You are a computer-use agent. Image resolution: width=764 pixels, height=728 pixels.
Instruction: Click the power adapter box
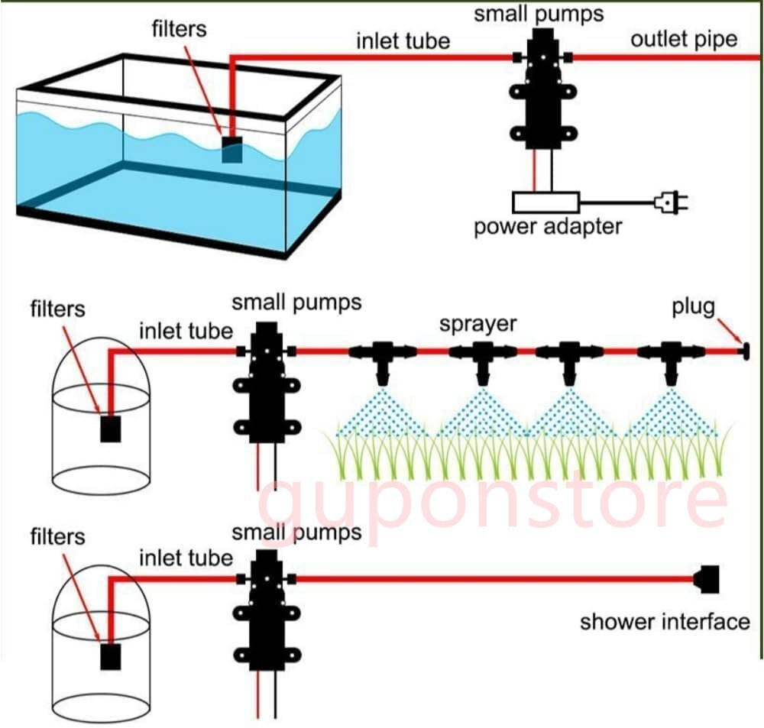[545, 202]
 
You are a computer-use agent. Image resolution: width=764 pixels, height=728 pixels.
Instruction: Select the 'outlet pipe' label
[683, 40]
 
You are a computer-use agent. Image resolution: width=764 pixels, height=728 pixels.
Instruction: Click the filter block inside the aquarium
[231, 149]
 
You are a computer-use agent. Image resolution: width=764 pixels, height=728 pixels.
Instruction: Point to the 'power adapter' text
[548, 227]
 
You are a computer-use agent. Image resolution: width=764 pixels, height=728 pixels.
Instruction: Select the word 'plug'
[693, 307]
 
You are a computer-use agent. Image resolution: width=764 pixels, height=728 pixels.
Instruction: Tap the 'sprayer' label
[477, 323]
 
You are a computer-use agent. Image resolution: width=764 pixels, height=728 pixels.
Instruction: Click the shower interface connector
[707, 578]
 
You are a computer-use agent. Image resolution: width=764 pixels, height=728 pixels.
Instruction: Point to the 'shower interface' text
[665, 621]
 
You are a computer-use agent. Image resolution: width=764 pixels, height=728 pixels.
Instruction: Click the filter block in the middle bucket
[112, 429]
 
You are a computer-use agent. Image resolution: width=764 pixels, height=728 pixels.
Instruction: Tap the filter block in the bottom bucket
[112, 656]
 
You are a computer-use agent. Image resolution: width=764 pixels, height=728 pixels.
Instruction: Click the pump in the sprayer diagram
[267, 382]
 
